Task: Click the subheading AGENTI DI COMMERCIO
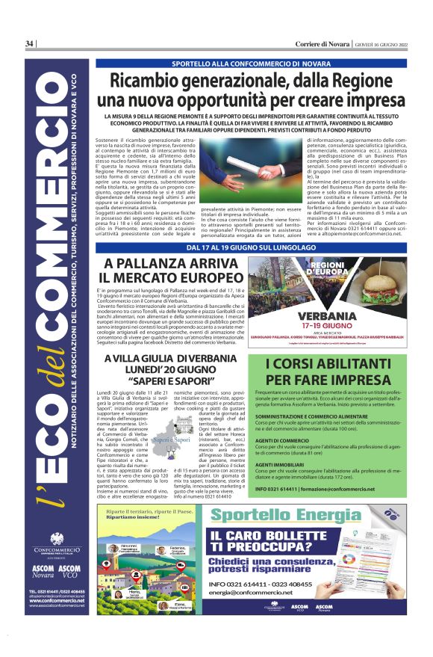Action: pyautogui.click(x=283, y=460)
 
